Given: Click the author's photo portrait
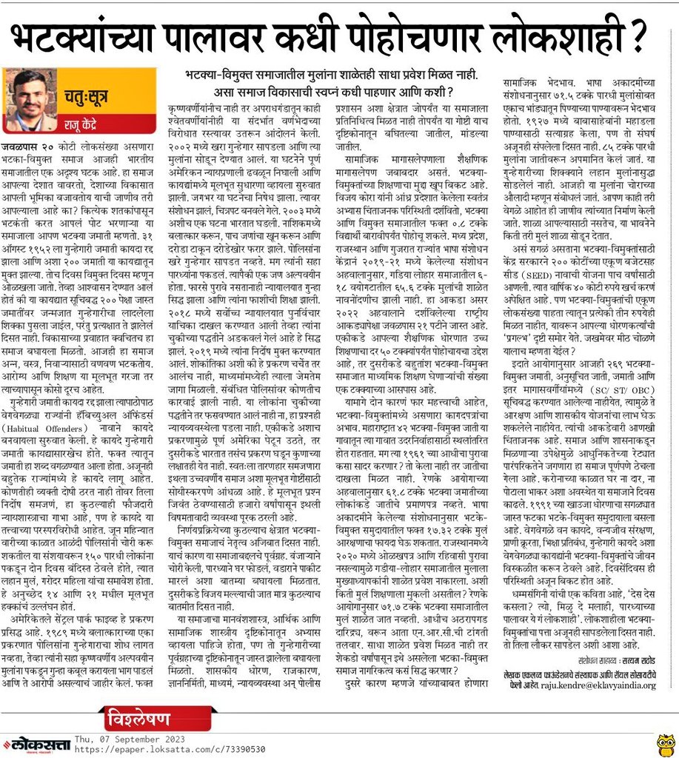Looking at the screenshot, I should [x=31, y=100].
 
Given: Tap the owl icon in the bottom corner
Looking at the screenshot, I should [x=665, y=742].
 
